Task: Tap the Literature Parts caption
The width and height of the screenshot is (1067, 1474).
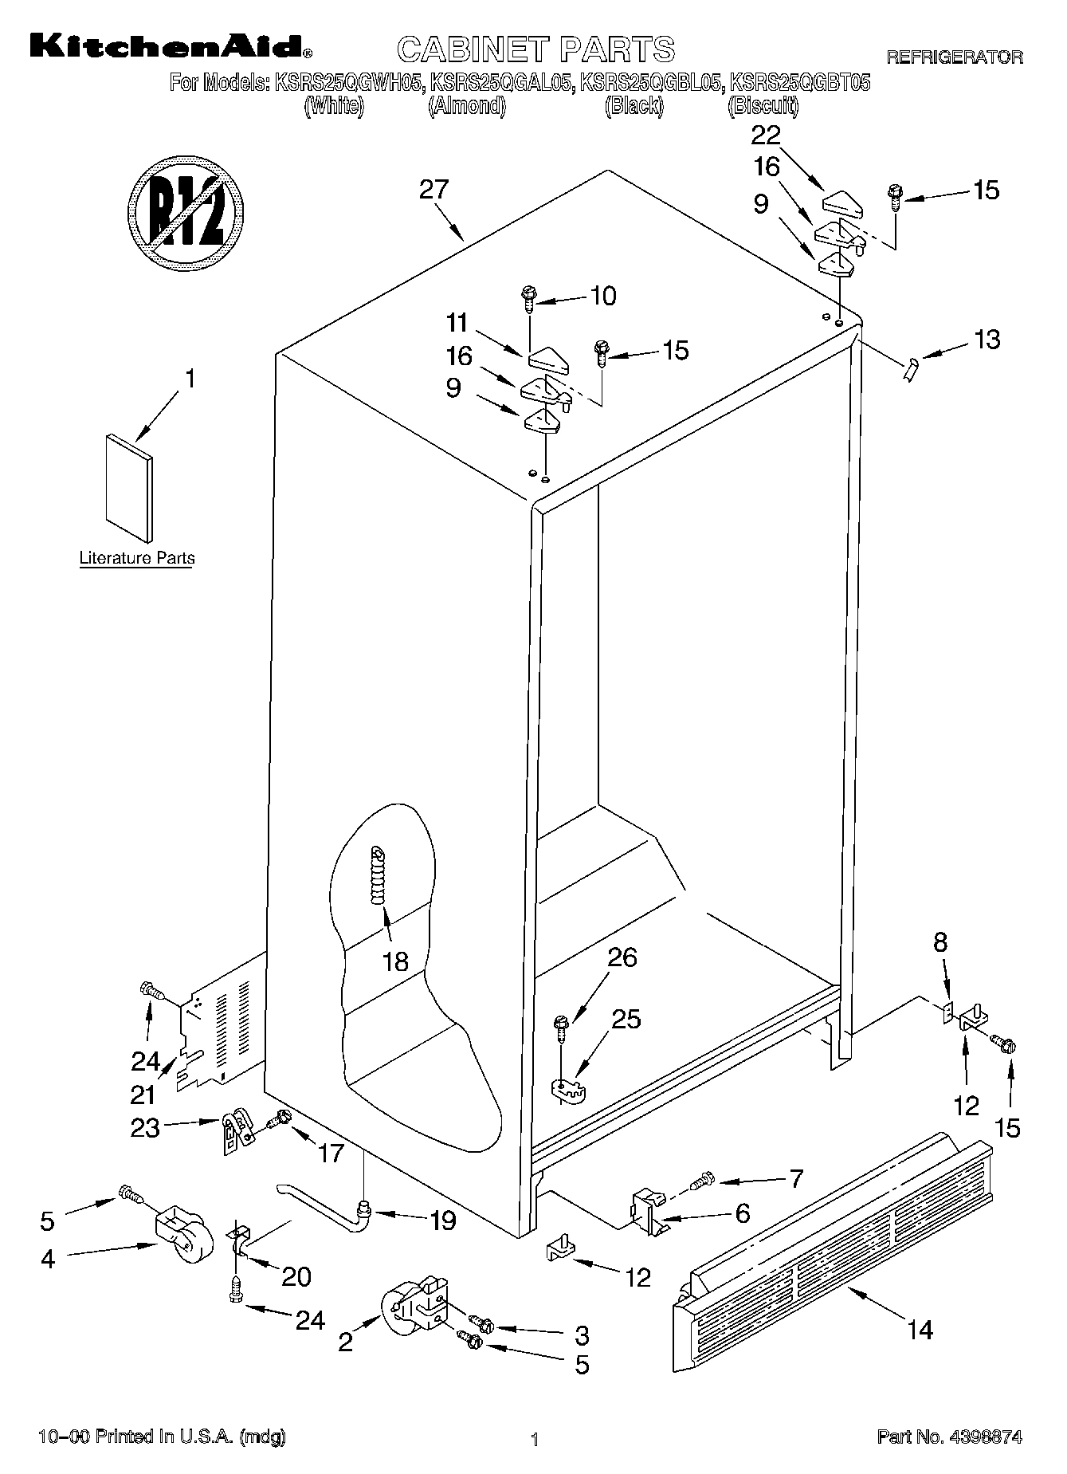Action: pyautogui.click(x=137, y=558)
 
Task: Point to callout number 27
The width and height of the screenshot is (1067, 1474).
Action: pyautogui.click(x=434, y=190)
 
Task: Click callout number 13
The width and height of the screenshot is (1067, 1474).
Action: pyautogui.click(x=987, y=340)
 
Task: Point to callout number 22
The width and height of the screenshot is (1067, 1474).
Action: pyautogui.click(x=766, y=136)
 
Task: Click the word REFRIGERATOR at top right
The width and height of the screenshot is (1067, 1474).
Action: pyautogui.click(x=954, y=57)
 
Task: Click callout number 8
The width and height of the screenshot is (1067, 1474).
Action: pyautogui.click(x=940, y=943)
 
